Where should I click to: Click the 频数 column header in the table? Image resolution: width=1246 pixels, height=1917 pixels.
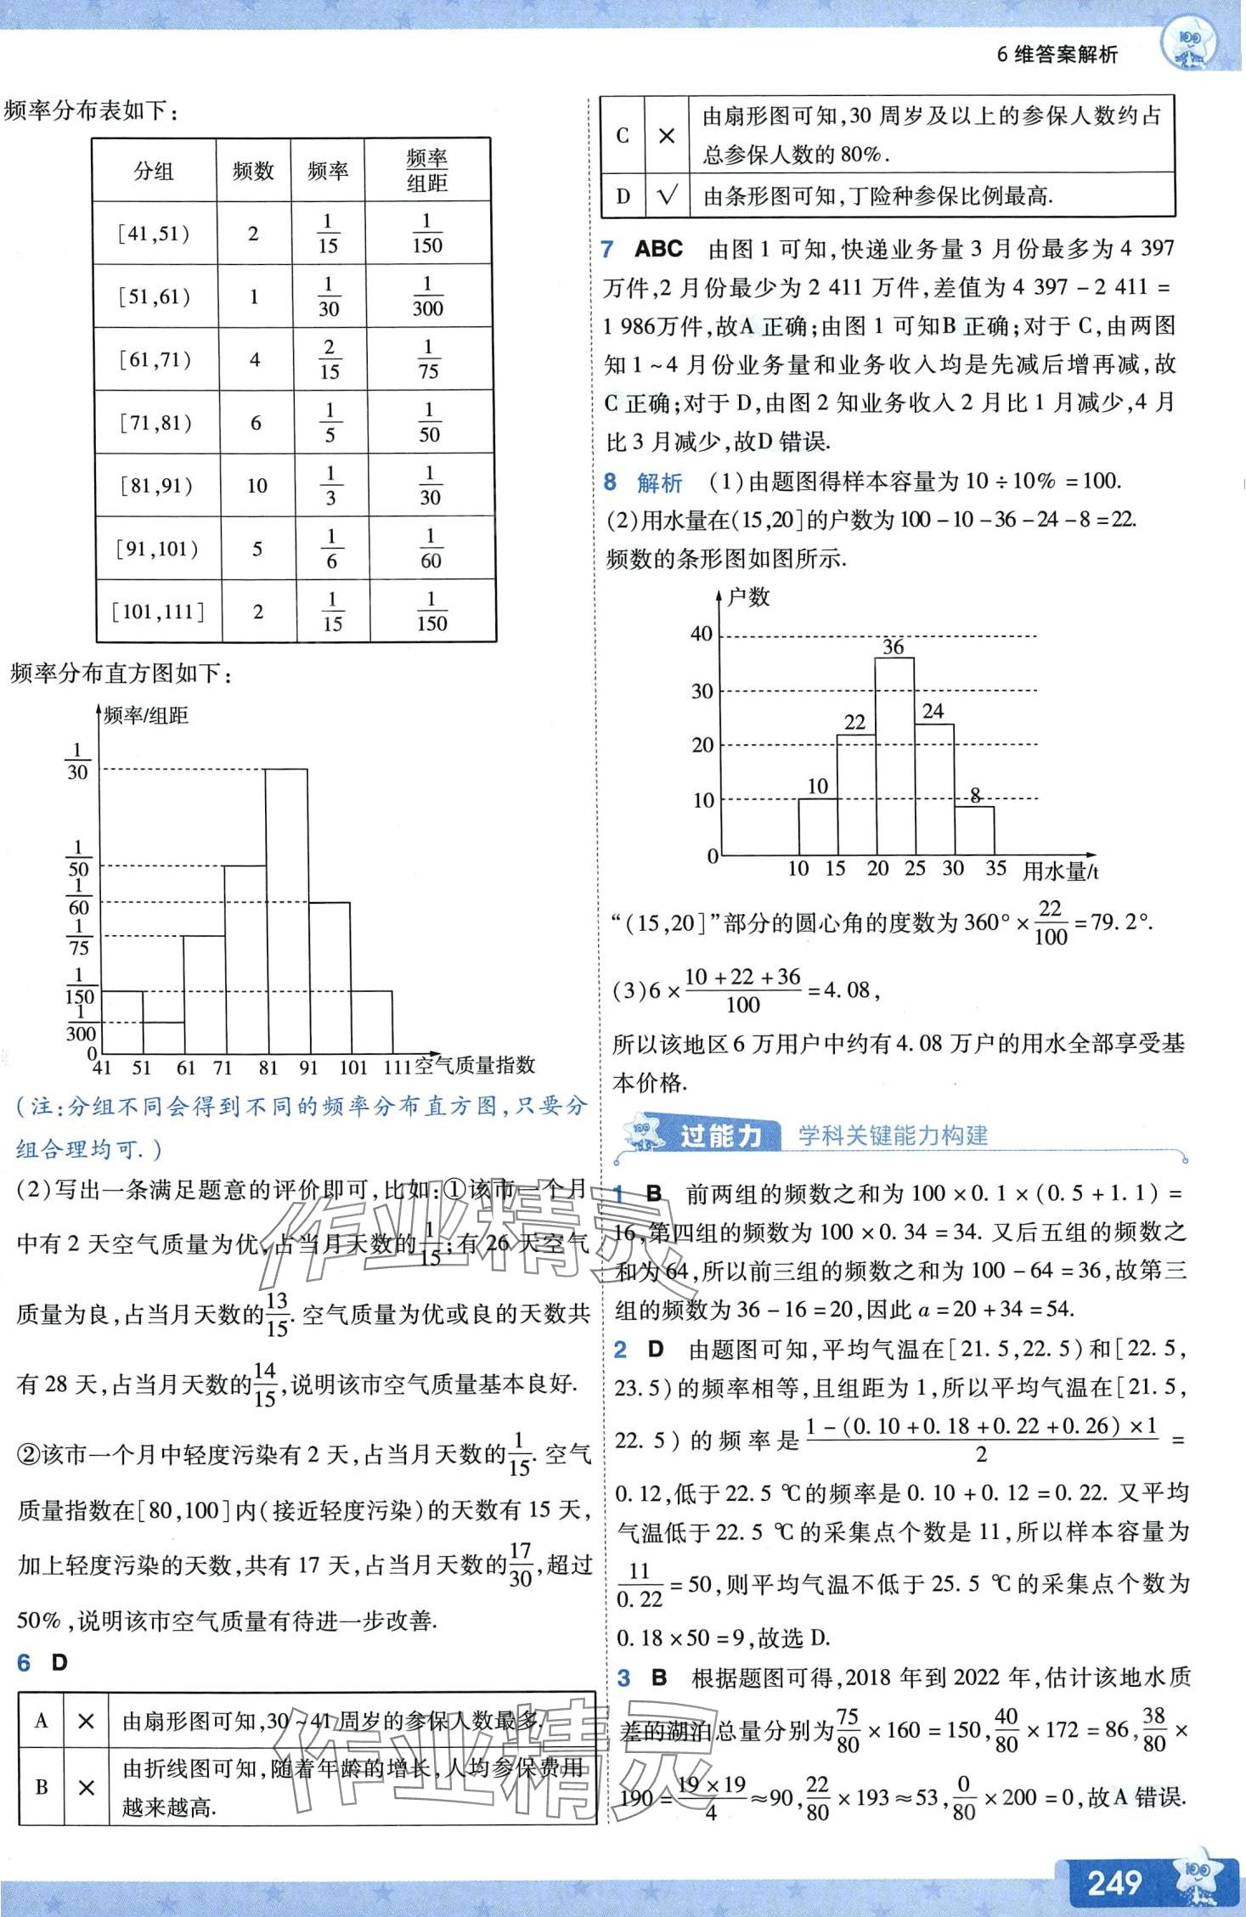point(253,171)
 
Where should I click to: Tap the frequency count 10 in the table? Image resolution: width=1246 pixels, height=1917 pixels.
point(257,486)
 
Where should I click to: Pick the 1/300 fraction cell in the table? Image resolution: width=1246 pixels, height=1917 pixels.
point(427,296)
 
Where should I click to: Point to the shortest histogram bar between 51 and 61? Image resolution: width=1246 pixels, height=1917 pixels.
point(163,1037)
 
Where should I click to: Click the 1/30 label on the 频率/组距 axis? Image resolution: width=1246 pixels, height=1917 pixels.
point(77,762)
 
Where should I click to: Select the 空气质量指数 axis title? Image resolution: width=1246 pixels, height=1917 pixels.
point(475,1065)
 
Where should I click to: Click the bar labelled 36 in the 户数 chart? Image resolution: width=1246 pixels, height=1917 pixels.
point(894,756)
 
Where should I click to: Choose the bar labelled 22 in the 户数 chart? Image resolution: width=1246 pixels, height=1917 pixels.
point(855,794)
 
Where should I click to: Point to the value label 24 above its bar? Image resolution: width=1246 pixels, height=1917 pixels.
point(933,712)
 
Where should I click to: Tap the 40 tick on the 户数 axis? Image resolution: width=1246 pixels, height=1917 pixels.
point(702,634)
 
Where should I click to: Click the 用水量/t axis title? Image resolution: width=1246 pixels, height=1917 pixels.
point(1060,871)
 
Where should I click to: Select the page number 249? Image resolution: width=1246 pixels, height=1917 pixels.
point(1114,1882)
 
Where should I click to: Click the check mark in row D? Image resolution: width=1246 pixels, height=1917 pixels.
point(667,197)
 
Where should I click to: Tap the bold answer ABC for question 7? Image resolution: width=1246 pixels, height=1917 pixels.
point(659,249)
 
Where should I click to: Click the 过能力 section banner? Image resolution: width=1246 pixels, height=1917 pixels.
point(719,1136)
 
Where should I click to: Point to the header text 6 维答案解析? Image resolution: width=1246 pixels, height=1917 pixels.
point(1057,55)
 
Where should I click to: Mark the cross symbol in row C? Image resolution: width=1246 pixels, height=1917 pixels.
point(667,136)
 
